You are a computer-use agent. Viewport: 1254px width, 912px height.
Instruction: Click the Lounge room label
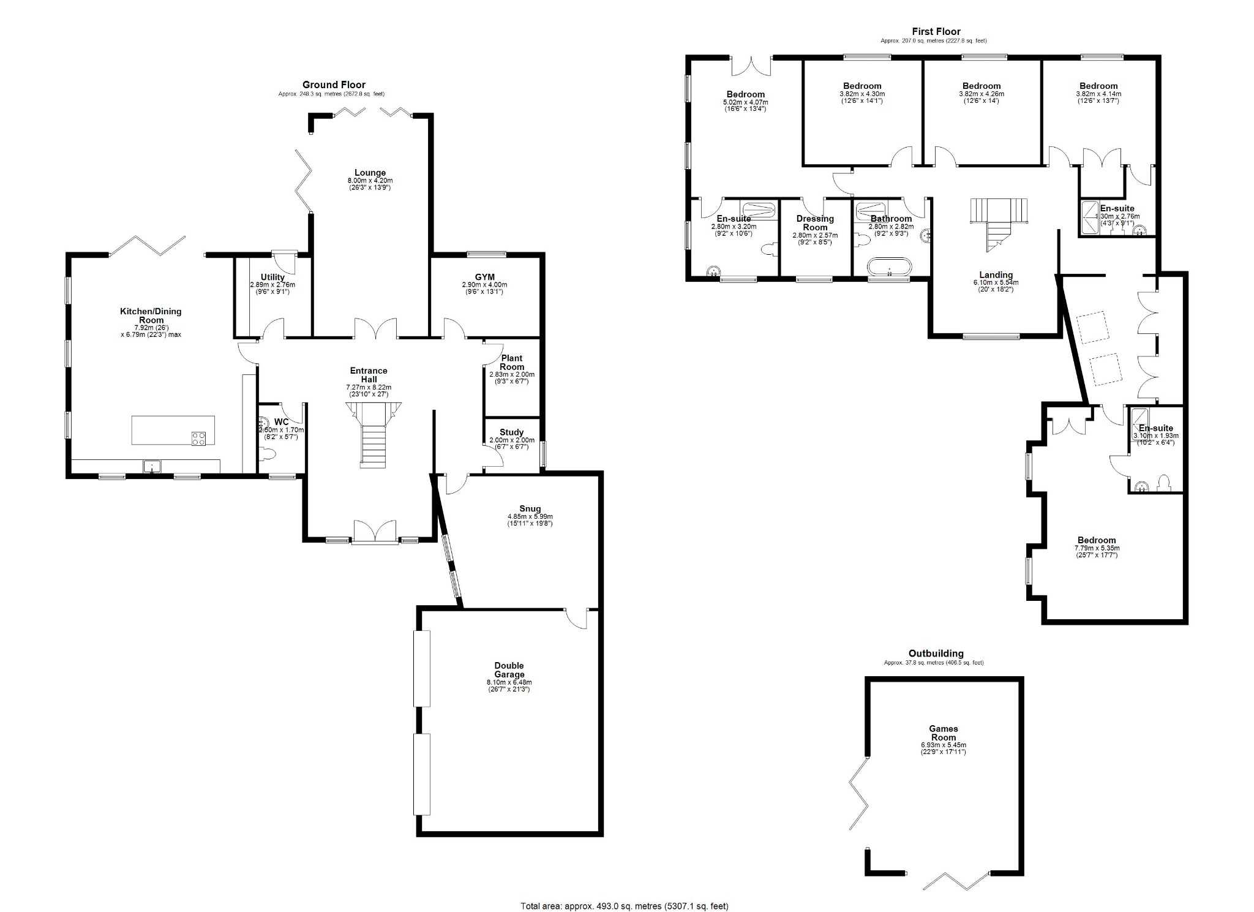pyautogui.click(x=370, y=173)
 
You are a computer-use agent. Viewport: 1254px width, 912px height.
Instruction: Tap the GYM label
pyautogui.click(x=484, y=277)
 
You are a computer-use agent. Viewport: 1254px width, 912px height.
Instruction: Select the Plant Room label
pyautogui.click(x=512, y=363)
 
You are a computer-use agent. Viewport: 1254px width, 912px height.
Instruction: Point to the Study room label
pyautogui.click(x=511, y=432)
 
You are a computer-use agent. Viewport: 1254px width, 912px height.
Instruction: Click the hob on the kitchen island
pyautogui.click(x=199, y=438)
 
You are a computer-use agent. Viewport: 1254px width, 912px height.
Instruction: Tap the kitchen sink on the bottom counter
pyautogui.click(x=151, y=467)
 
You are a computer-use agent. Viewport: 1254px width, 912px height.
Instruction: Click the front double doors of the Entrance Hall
pyautogui.click(x=375, y=531)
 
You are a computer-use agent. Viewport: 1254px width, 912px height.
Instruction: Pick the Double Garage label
pyautogui.click(x=509, y=670)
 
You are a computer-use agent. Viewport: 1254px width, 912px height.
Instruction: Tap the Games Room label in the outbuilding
pyautogui.click(x=943, y=733)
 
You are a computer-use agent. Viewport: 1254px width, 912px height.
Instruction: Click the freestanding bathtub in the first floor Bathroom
pyautogui.click(x=889, y=268)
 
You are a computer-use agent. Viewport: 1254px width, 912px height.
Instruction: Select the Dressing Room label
pyautogui.click(x=815, y=223)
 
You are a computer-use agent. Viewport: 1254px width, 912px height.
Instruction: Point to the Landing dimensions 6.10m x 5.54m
pyautogui.click(x=996, y=283)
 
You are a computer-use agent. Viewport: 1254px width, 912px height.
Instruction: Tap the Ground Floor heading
pyautogui.click(x=334, y=85)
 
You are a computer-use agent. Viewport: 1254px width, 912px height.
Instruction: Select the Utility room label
pyautogui.click(x=272, y=277)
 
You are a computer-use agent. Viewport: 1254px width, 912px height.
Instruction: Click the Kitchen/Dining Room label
pyautogui.click(x=151, y=315)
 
